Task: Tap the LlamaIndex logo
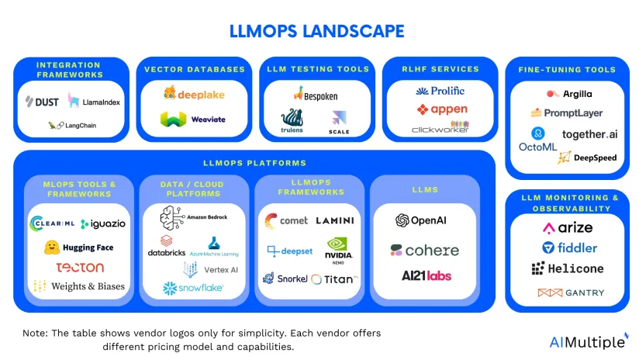tap(94, 102)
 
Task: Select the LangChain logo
tap(71, 125)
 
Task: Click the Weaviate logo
tap(193, 120)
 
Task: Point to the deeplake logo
tap(195, 94)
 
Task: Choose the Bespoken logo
tap(315, 95)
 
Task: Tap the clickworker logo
tap(440, 127)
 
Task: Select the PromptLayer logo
tap(567, 112)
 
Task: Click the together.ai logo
tap(589, 133)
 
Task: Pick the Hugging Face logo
tap(78, 247)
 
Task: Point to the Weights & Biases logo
tap(78, 286)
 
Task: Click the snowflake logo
tap(193, 288)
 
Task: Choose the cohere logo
tap(424, 251)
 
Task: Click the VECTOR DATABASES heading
tap(195, 69)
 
